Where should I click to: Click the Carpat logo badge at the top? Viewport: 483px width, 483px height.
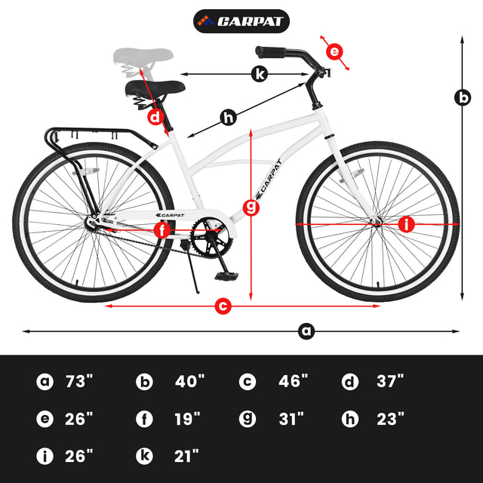pos(241,20)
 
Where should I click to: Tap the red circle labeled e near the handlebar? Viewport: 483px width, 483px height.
pos(334,52)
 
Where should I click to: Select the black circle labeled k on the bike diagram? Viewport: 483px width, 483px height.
pos(259,73)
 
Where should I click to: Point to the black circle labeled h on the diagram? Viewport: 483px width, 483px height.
pos(228,117)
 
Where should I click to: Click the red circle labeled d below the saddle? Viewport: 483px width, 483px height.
pos(155,117)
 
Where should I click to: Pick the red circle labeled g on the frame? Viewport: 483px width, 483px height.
pos(251,205)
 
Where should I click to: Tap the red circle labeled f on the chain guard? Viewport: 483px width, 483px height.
pos(162,230)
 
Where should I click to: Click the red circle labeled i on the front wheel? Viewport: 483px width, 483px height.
pos(407,224)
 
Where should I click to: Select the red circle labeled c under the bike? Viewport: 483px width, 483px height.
pos(223,306)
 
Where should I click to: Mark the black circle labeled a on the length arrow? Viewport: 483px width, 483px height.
pos(306,331)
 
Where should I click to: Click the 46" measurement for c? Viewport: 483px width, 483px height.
pos(294,380)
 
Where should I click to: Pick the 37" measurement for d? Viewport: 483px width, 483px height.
pos(390,380)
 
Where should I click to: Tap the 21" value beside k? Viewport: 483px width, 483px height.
pos(186,455)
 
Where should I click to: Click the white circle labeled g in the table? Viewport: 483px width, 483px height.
pos(248,418)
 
